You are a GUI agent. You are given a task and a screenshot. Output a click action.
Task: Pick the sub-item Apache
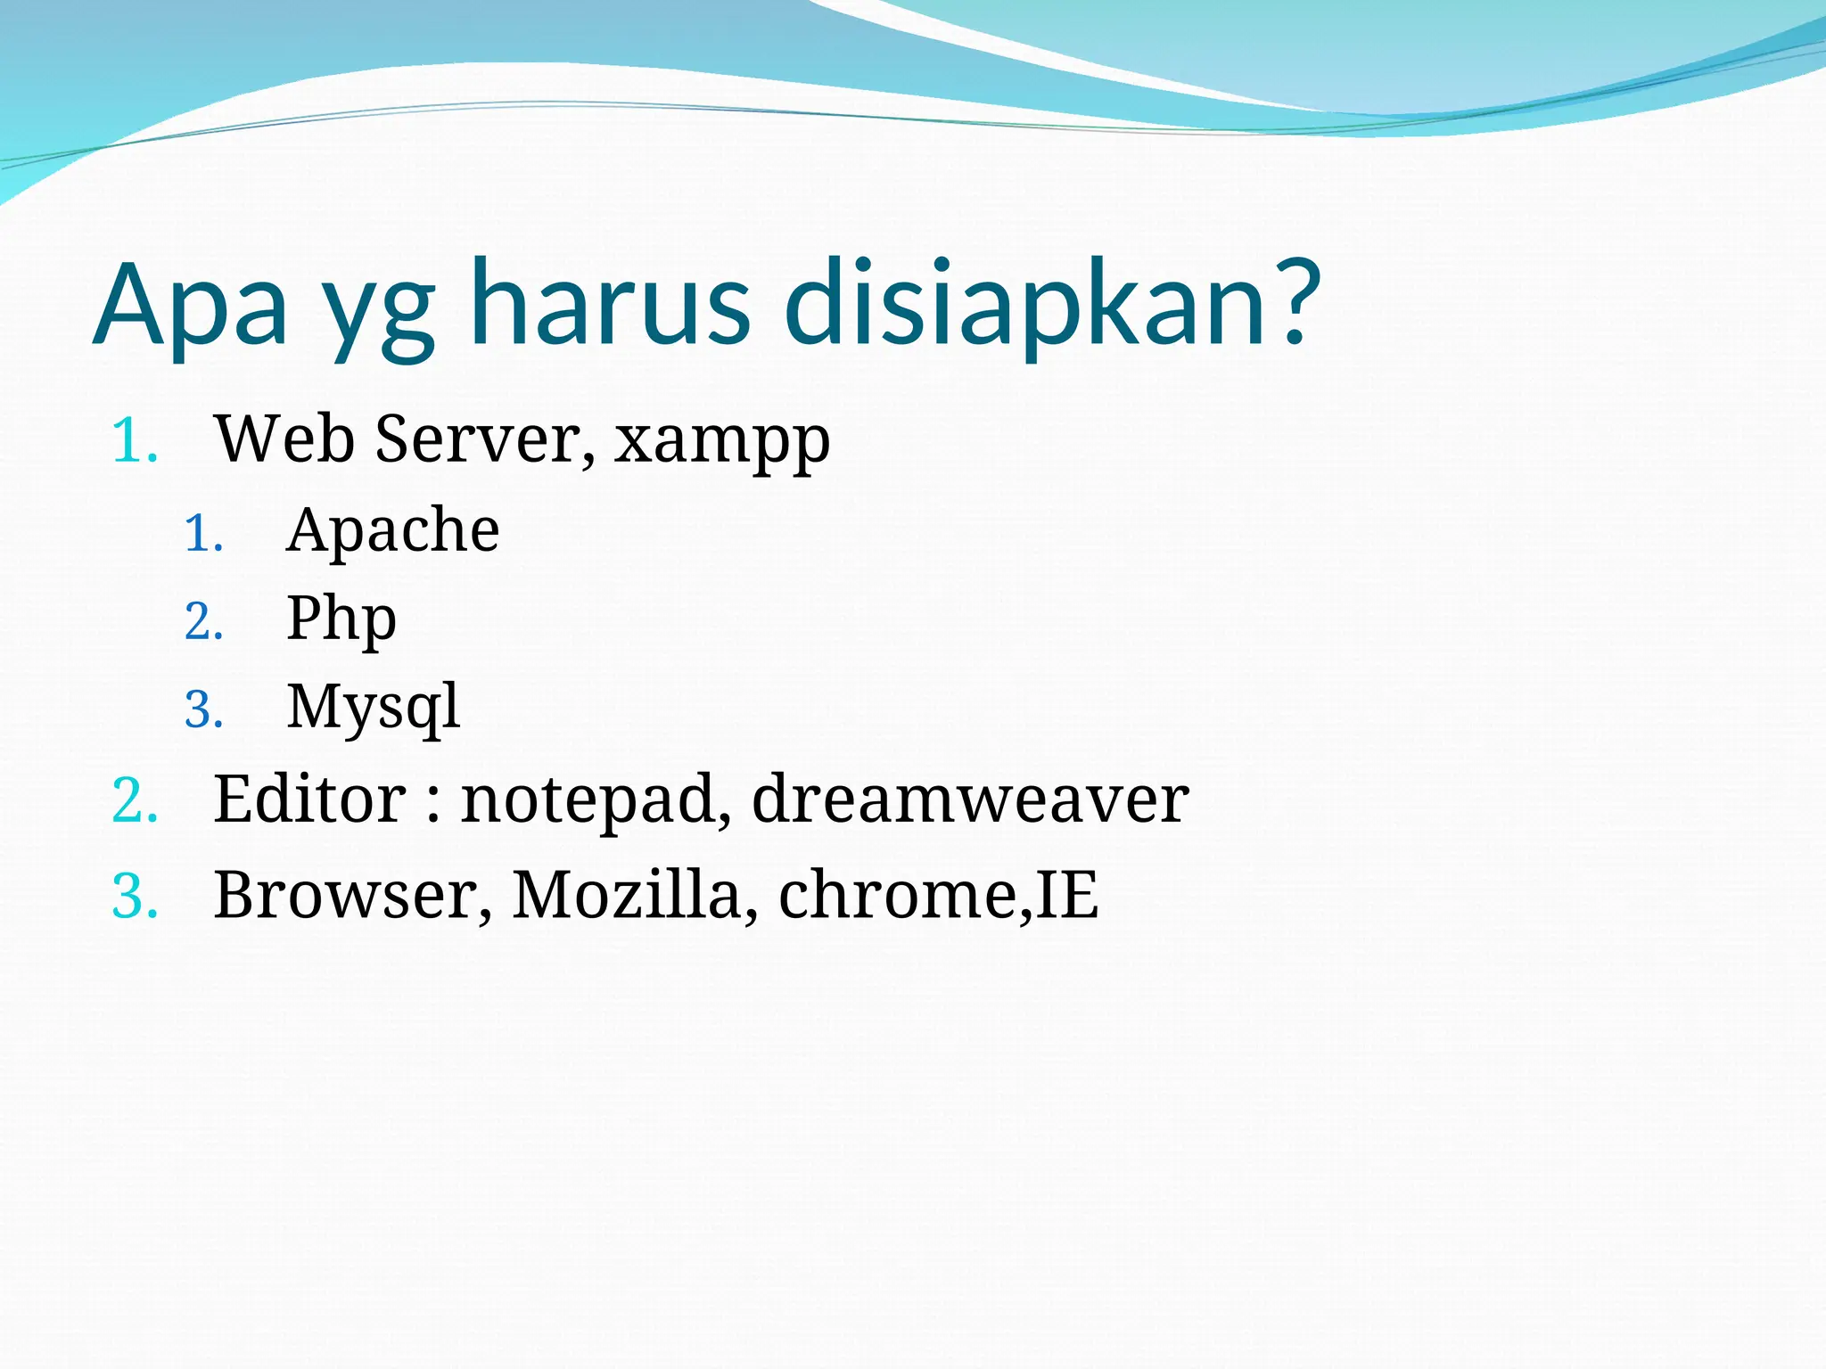(392, 530)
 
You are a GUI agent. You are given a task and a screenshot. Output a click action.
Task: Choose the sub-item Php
(341, 619)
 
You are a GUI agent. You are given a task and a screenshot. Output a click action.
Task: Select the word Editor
(309, 799)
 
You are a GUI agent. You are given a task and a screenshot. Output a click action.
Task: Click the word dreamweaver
(969, 799)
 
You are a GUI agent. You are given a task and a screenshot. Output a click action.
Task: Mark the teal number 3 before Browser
(133, 897)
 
